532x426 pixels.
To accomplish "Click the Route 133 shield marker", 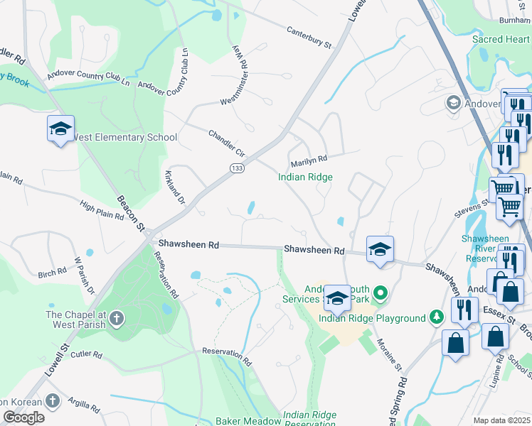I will coord(237,168).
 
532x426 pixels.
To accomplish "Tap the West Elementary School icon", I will coord(61,129).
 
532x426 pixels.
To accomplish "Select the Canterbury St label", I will coord(309,38).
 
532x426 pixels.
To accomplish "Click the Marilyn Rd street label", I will coord(309,160).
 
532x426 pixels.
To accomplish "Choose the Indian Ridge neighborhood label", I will coord(305,177).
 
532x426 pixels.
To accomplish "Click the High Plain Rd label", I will coord(102,210).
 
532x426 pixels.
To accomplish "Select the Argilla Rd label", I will coord(85,405).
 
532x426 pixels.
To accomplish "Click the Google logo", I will coord(24,417).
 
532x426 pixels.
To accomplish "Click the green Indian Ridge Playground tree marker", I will coord(437,318).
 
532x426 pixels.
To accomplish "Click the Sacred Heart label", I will coord(501,40).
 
